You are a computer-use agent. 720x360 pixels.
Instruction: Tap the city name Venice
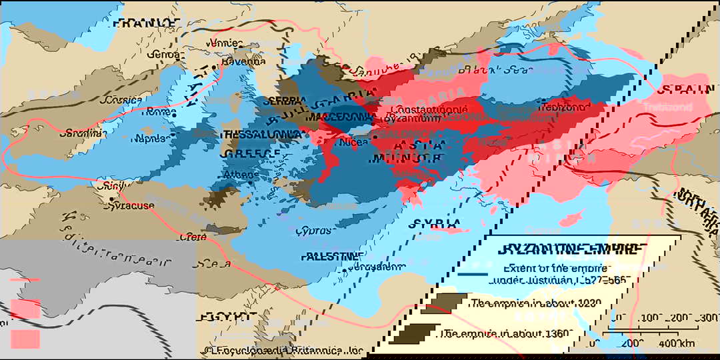click(223, 43)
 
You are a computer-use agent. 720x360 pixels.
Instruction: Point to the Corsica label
click(121, 100)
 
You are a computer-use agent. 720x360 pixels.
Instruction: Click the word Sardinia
click(82, 133)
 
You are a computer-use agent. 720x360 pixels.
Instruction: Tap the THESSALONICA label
click(259, 134)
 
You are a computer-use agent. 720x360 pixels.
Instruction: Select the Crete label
click(194, 236)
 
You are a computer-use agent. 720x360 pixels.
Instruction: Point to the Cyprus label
click(313, 230)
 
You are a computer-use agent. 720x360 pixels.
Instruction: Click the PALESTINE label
click(332, 256)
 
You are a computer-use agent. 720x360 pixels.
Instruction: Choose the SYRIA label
click(435, 223)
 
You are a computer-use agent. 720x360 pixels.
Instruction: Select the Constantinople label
click(426, 109)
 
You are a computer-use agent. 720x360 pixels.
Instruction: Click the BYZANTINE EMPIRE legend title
click(572, 249)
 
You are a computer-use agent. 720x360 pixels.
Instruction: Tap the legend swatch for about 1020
click(443, 303)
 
